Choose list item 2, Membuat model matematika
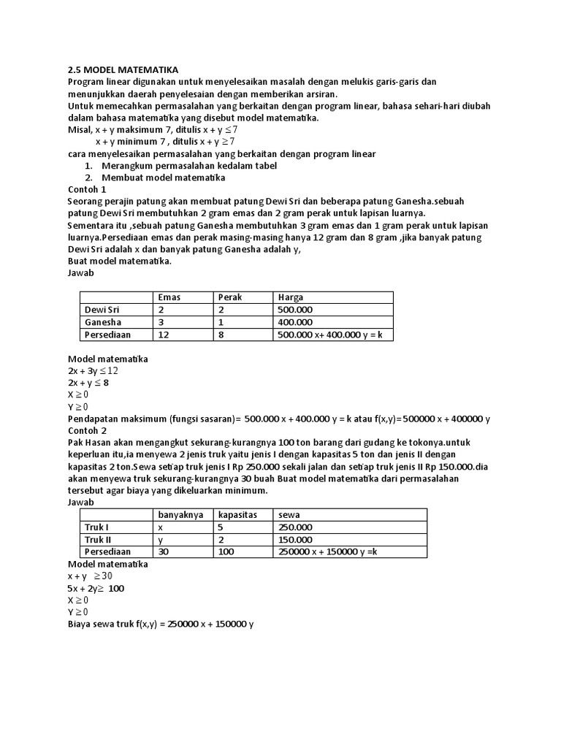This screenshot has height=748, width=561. [155, 178]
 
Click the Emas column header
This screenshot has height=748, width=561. [169, 297]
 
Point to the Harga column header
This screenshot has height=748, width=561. [291, 297]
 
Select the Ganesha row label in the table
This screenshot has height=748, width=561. [103, 321]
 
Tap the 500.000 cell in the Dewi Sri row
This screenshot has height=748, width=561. [294, 310]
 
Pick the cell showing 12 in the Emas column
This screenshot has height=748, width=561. [164, 334]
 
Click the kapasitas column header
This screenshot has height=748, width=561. [237, 515]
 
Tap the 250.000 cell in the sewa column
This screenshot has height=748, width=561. [294, 527]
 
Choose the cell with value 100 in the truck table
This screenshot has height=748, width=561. [226, 552]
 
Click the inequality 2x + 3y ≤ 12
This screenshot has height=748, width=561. [93, 370]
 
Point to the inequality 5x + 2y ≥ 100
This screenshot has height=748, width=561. [96, 588]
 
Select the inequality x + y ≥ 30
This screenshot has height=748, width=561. [90, 576]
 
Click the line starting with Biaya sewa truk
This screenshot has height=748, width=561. [161, 624]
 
